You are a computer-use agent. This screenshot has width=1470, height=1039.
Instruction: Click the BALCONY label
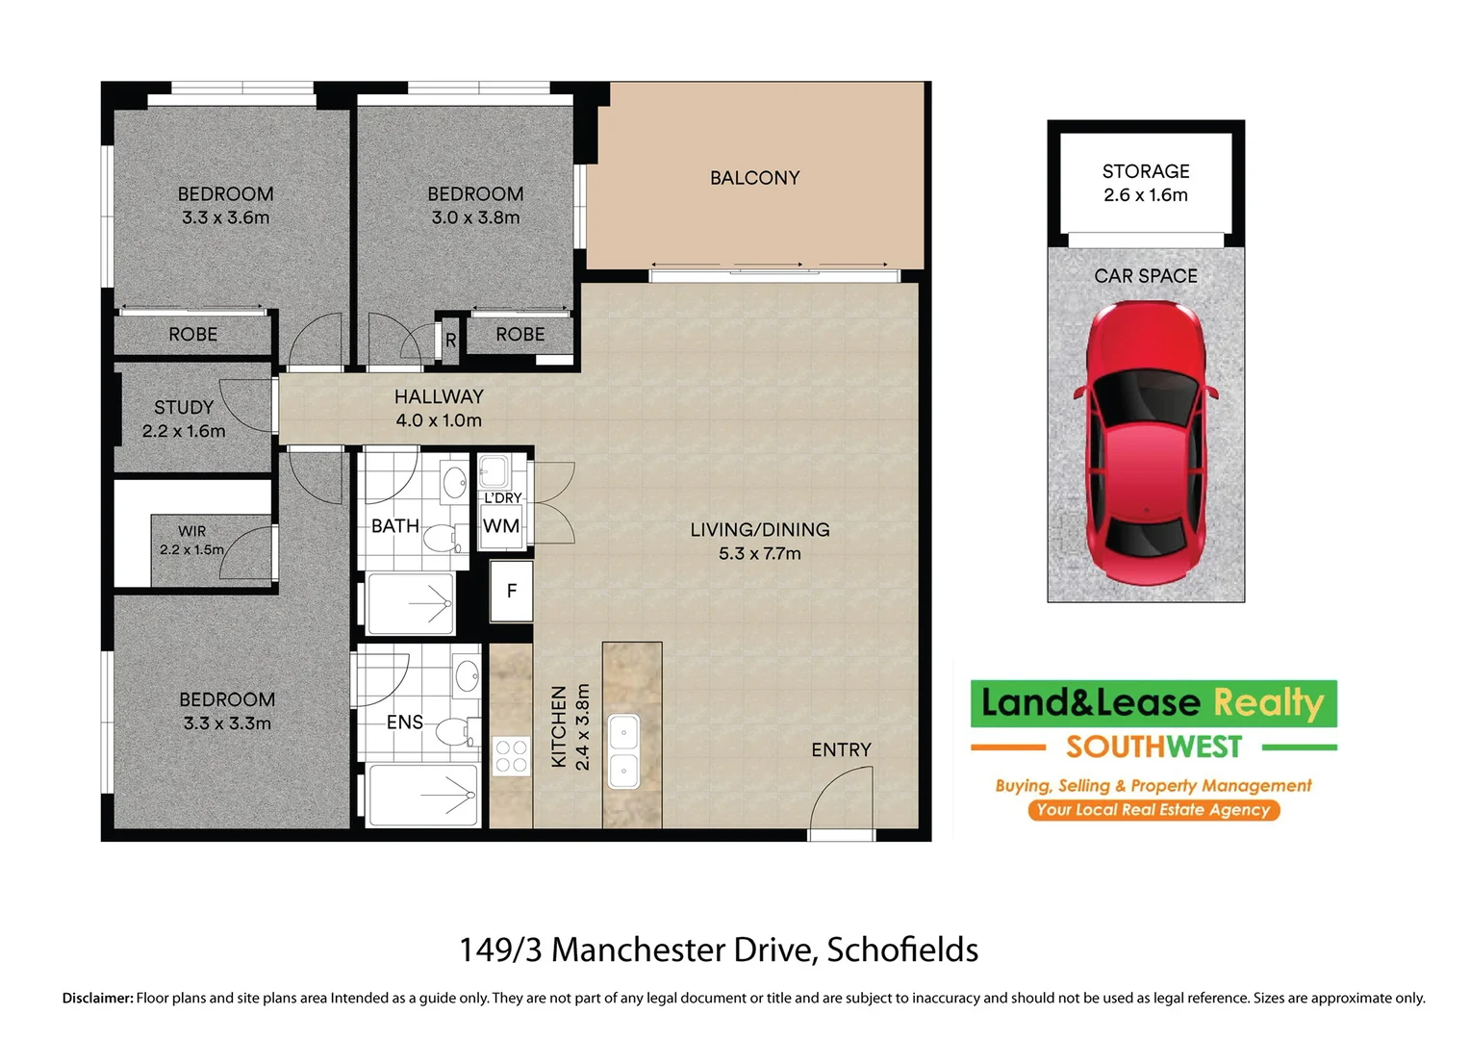tap(754, 178)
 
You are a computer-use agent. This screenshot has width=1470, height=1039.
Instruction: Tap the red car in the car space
tap(1146, 443)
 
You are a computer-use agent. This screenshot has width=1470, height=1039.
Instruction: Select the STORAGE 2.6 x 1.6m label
tap(1145, 183)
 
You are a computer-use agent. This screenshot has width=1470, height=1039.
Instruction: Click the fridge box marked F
tap(511, 591)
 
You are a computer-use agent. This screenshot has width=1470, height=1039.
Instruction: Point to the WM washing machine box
tap(501, 526)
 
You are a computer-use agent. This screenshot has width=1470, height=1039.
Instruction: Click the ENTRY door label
tap(841, 749)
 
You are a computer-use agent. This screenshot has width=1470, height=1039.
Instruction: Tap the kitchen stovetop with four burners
tap(511, 755)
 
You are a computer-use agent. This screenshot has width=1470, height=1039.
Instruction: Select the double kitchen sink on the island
tap(623, 750)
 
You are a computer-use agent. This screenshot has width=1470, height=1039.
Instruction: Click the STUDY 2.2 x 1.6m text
tap(184, 418)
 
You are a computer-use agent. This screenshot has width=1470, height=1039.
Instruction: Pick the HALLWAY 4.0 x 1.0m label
tap(439, 408)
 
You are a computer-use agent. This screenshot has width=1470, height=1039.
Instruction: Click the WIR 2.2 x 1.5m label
tap(191, 540)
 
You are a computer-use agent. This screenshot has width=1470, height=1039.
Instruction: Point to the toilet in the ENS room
tap(452, 731)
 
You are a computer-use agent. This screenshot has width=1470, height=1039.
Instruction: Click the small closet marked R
tap(450, 341)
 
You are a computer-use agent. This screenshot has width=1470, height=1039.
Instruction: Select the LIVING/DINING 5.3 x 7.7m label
tap(759, 541)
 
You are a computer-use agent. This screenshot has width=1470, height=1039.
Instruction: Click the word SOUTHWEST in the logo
tap(1153, 747)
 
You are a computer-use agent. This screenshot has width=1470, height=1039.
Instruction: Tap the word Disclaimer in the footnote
tap(97, 998)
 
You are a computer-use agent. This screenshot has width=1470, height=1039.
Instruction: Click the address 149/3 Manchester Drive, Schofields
tap(719, 950)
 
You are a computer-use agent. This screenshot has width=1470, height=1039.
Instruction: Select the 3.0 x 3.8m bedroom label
tap(475, 206)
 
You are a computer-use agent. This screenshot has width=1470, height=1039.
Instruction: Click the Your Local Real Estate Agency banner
tap(1153, 809)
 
